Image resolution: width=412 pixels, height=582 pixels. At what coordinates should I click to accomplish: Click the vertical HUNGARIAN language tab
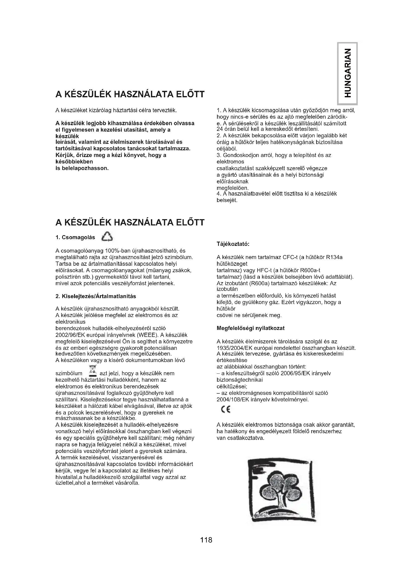[347, 73]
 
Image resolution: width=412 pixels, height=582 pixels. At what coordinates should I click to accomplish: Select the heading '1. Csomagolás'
[75, 238]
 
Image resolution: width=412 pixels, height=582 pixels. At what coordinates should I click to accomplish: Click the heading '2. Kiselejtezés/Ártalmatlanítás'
[96, 296]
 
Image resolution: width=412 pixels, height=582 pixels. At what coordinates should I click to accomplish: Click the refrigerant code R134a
[334, 257]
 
